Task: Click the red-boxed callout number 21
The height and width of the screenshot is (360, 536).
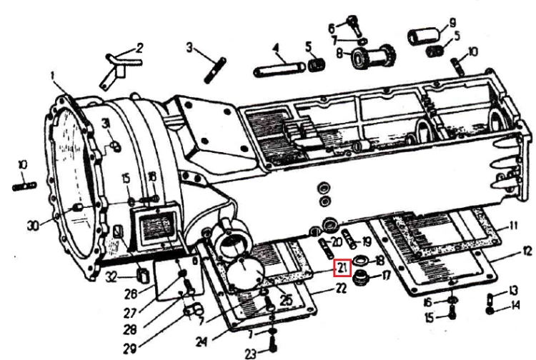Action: [343, 267]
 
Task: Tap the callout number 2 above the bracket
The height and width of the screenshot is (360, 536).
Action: [139, 48]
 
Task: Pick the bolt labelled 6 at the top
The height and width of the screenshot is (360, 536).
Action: [354, 24]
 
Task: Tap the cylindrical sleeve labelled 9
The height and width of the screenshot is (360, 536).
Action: [423, 36]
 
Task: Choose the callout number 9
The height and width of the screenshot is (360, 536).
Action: [452, 23]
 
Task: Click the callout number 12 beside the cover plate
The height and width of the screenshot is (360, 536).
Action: [527, 251]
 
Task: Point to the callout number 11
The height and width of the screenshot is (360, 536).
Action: [513, 226]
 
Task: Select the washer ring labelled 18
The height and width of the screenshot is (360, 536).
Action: [361, 259]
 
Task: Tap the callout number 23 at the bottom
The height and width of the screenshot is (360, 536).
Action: [251, 354]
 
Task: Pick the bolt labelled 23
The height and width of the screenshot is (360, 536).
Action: [273, 345]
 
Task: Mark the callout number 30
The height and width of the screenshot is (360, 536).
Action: [33, 226]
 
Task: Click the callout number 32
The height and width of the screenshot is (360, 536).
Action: [111, 276]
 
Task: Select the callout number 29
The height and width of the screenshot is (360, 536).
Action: [130, 349]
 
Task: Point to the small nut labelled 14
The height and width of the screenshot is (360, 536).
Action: [490, 311]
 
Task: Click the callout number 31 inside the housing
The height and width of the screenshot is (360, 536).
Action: [106, 124]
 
